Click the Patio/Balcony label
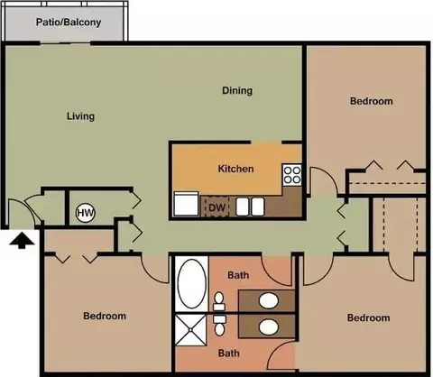pyautogui.click(x=69, y=23)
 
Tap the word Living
pyautogui.click(x=80, y=116)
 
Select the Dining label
pyautogui.click(x=237, y=90)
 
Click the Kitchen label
pyautogui.click(x=235, y=169)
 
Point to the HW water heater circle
pyautogui.click(x=86, y=213)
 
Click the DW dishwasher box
pyautogui.click(x=217, y=207)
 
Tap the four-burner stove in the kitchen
pyautogui.click(x=291, y=175)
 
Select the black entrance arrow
pyautogui.click(x=22, y=241)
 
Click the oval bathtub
pyautogui.click(x=192, y=284)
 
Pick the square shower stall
pyautogui.click(x=191, y=330)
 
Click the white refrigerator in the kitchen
pyautogui.click(x=186, y=204)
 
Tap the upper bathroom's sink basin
pyautogui.click(x=268, y=301)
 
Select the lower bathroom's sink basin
pyautogui.click(x=268, y=327)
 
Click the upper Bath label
pyautogui.click(x=238, y=275)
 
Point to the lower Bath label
pyautogui.click(x=229, y=353)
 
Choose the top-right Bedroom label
pyautogui.click(x=372, y=101)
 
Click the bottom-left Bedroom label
pyautogui.click(x=105, y=316)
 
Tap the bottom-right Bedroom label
pyautogui.click(x=368, y=317)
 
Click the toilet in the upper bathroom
pyautogui.click(x=219, y=301)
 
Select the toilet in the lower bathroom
pyautogui.click(x=219, y=326)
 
